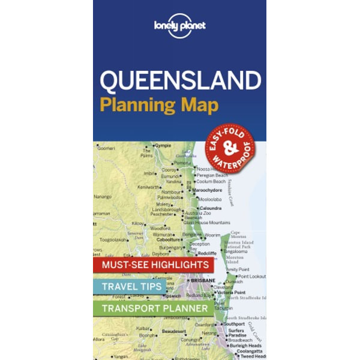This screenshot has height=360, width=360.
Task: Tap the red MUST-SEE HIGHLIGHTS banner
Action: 151,265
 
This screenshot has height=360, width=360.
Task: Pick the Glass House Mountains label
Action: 208,223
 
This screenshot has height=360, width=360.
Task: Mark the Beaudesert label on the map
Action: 173,329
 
